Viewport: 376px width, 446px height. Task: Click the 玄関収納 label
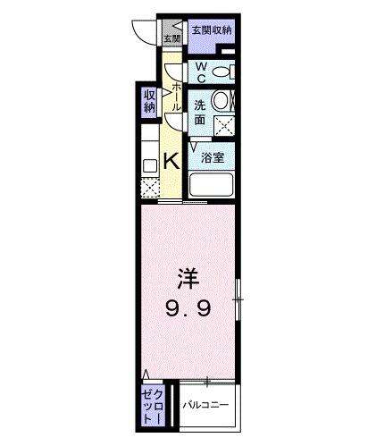211,30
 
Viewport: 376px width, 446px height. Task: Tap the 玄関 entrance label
171,38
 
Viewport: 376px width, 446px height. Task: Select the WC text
201,71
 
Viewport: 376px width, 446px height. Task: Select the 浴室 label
212,157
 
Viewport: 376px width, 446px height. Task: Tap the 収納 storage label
148,104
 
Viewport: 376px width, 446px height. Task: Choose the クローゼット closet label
149,407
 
